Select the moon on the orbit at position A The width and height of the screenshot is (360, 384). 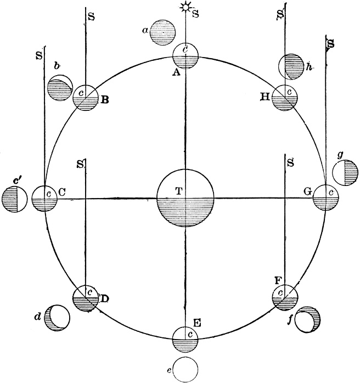click(x=185, y=55)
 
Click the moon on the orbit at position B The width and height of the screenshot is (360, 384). click(x=86, y=98)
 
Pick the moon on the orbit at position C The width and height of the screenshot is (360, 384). click(x=44, y=198)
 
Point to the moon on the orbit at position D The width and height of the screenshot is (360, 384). click(x=86, y=298)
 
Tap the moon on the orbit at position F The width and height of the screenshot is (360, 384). click(x=285, y=298)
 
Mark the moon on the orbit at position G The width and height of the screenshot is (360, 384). click(x=326, y=198)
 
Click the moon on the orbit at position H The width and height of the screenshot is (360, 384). click(x=285, y=98)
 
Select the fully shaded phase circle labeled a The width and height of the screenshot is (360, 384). click(x=163, y=33)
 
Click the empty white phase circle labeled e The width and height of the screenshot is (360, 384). click(x=185, y=369)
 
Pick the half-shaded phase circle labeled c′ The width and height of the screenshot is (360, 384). click(x=14, y=199)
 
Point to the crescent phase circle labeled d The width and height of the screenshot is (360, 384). click(x=58, y=318)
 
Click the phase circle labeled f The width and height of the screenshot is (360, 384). click(x=307, y=321)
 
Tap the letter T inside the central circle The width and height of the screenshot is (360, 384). click(x=178, y=191)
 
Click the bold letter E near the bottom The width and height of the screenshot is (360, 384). click(x=197, y=323)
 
